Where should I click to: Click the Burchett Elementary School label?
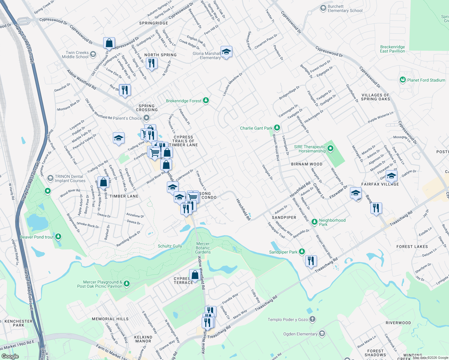coord(345,8)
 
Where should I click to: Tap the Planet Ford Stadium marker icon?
coord(402,80)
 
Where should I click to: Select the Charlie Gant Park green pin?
coord(277,128)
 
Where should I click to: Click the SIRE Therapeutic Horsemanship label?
coord(310,149)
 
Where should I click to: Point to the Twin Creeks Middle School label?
coord(75,55)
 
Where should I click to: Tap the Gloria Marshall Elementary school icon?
coord(226,52)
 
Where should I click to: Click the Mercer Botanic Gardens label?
coord(203,248)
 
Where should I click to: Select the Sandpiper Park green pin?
coord(302,252)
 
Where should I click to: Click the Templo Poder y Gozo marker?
coord(312,319)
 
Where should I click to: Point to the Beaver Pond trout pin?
coord(58,237)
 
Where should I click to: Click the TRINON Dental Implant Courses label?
coord(70,178)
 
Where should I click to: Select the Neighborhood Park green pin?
coord(314,222)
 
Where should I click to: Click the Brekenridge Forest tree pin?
coord(206,100)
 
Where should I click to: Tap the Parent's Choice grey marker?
coord(146,118)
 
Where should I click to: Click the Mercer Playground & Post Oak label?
coord(100,284)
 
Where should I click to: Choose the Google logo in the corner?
coord(10,356)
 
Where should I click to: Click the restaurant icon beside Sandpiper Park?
coord(311,260)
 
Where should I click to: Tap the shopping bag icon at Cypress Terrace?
coord(194,275)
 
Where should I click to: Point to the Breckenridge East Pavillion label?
coord(392,49)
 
